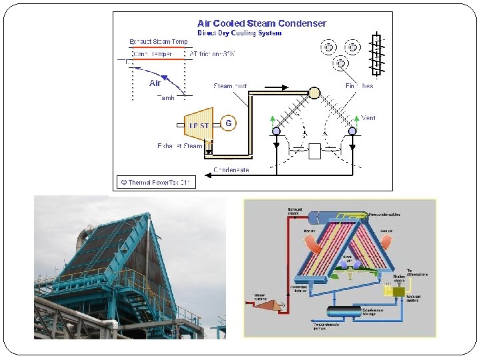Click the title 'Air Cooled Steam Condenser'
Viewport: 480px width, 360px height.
point(261,23)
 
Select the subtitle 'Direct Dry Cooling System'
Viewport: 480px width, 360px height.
point(239,33)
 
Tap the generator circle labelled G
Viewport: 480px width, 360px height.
point(229,123)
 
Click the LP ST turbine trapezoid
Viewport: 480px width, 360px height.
point(199,125)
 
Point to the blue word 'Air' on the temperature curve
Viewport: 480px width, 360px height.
point(155,83)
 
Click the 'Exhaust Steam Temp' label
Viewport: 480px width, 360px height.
point(159,42)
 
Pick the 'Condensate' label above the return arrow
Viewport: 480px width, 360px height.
point(231,170)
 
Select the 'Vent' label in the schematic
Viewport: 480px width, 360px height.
point(368,118)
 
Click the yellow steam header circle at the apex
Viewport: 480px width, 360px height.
point(313,93)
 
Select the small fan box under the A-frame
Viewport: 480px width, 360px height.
point(315,151)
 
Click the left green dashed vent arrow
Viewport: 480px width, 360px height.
point(274,120)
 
